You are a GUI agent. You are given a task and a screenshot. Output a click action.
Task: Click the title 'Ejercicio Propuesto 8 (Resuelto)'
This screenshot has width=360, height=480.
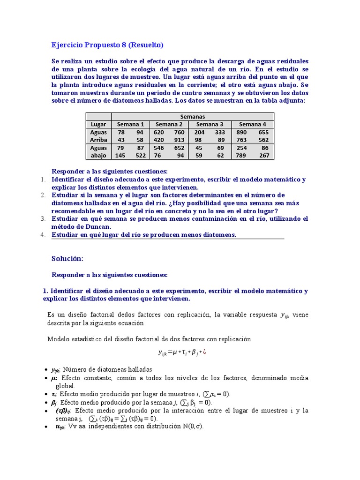[x=107, y=45]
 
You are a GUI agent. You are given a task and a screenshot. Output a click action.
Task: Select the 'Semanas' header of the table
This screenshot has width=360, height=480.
[x=192, y=116]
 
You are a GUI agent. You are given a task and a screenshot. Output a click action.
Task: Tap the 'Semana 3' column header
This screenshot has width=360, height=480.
[x=210, y=124]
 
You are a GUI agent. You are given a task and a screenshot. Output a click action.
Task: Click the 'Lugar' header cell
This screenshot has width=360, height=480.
[x=98, y=124]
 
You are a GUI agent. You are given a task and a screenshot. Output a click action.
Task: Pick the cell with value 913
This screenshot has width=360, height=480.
[x=180, y=140]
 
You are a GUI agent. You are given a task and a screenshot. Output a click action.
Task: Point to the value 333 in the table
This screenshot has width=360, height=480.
[x=220, y=132]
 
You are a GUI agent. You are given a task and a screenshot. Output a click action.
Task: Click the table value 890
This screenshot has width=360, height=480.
[x=242, y=132]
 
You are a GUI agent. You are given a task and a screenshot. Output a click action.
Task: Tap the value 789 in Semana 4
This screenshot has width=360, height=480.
[x=242, y=156]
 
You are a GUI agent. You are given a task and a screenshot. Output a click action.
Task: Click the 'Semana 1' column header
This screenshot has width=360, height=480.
[x=130, y=124]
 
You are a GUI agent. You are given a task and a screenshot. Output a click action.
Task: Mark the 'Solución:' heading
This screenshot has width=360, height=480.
[x=67, y=259]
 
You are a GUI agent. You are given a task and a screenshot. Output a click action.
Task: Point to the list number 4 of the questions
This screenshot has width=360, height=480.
[x=43, y=234]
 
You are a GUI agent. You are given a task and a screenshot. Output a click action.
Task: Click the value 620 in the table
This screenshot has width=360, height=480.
[x=159, y=132]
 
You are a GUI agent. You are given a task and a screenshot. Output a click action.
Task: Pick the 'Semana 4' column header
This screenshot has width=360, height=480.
[x=252, y=124]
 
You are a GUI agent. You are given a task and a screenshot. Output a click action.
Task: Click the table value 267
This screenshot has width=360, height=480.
[x=264, y=156]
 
